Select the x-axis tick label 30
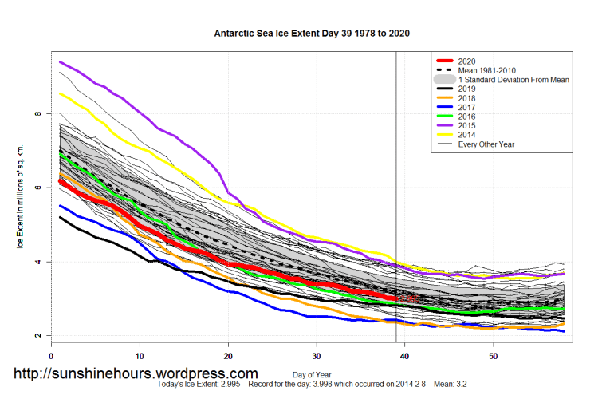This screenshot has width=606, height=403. (x=317, y=355)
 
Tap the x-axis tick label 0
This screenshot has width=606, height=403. (x=51, y=355)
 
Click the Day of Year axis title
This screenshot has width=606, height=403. (x=313, y=373)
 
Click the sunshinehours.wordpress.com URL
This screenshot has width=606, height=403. (x=136, y=373)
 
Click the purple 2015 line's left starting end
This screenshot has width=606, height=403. (x=61, y=62)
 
